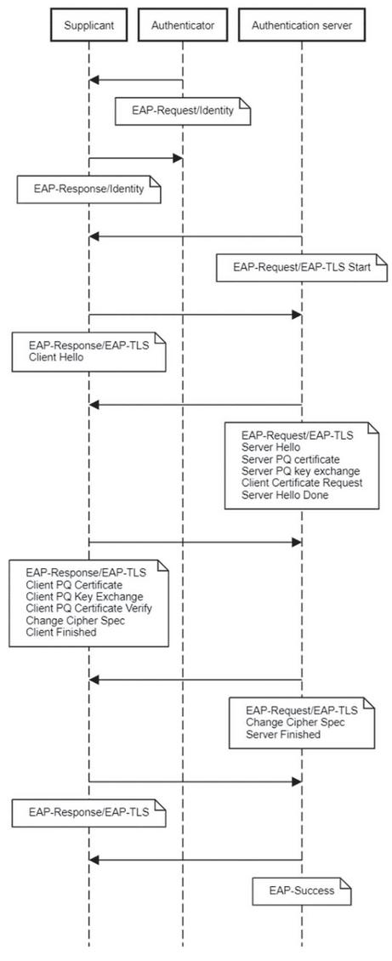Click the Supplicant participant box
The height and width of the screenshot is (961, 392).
pos(88,26)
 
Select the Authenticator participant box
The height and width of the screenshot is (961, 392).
pos(183,26)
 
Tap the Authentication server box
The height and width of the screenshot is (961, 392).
pos(301,26)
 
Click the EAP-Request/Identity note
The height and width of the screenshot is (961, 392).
pos(183,111)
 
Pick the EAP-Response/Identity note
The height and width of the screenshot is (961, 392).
pos(88,189)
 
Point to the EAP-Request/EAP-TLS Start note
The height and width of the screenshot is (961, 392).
pos(302,267)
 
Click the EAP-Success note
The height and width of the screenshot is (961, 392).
pos(302,890)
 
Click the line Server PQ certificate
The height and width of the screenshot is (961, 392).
pos(290,459)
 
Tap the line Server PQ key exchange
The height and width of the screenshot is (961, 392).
pos(300,470)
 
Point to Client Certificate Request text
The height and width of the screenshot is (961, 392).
pos(302,482)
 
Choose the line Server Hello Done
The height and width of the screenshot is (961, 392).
pos(285,495)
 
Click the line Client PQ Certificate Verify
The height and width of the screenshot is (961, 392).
pos(88,608)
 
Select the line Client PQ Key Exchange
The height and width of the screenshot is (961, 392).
pos(84,596)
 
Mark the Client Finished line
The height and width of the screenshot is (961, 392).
pos(61,632)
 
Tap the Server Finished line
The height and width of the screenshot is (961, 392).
pos(283,734)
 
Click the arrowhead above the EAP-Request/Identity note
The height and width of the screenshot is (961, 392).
pos(94,80)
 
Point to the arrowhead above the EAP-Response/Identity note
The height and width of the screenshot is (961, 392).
pos(178,158)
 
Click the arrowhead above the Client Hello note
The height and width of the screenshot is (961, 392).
pos(297,315)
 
